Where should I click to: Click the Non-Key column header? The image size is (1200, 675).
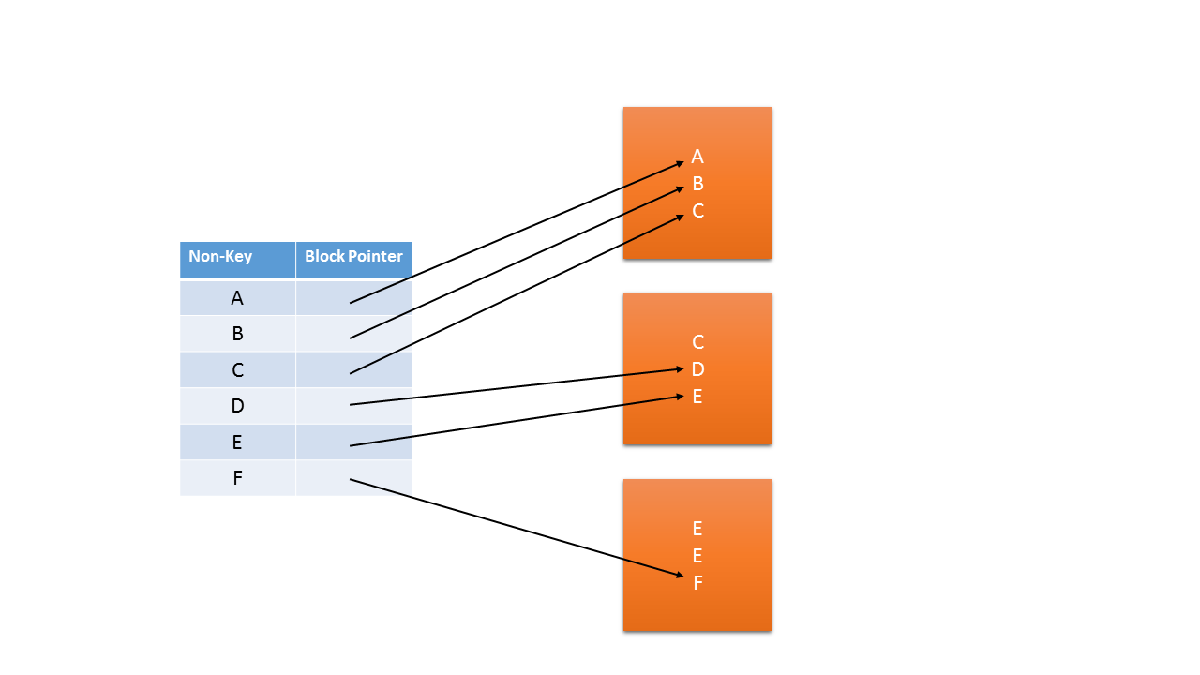pos(221,257)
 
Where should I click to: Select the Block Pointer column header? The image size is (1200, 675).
pos(353,257)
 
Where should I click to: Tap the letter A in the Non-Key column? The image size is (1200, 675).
pos(237,298)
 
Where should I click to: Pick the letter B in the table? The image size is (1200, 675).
pos(237,334)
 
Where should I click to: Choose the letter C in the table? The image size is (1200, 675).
pos(237,370)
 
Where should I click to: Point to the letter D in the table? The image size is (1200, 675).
pos(237,406)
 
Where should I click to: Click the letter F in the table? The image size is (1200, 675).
pos(237,478)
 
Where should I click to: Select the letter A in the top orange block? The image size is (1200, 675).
pos(697,157)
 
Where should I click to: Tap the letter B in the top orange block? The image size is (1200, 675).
pos(697,184)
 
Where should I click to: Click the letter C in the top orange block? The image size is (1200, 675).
pos(697,211)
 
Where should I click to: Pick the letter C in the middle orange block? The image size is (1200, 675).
pos(697,342)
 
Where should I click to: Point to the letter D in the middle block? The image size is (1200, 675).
pos(697,369)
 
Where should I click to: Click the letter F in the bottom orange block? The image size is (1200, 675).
pos(697,583)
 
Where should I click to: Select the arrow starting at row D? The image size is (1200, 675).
pos(516,387)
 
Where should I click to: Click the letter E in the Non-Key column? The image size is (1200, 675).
pos(237,442)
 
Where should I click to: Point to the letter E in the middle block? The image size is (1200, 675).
pos(697,397)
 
